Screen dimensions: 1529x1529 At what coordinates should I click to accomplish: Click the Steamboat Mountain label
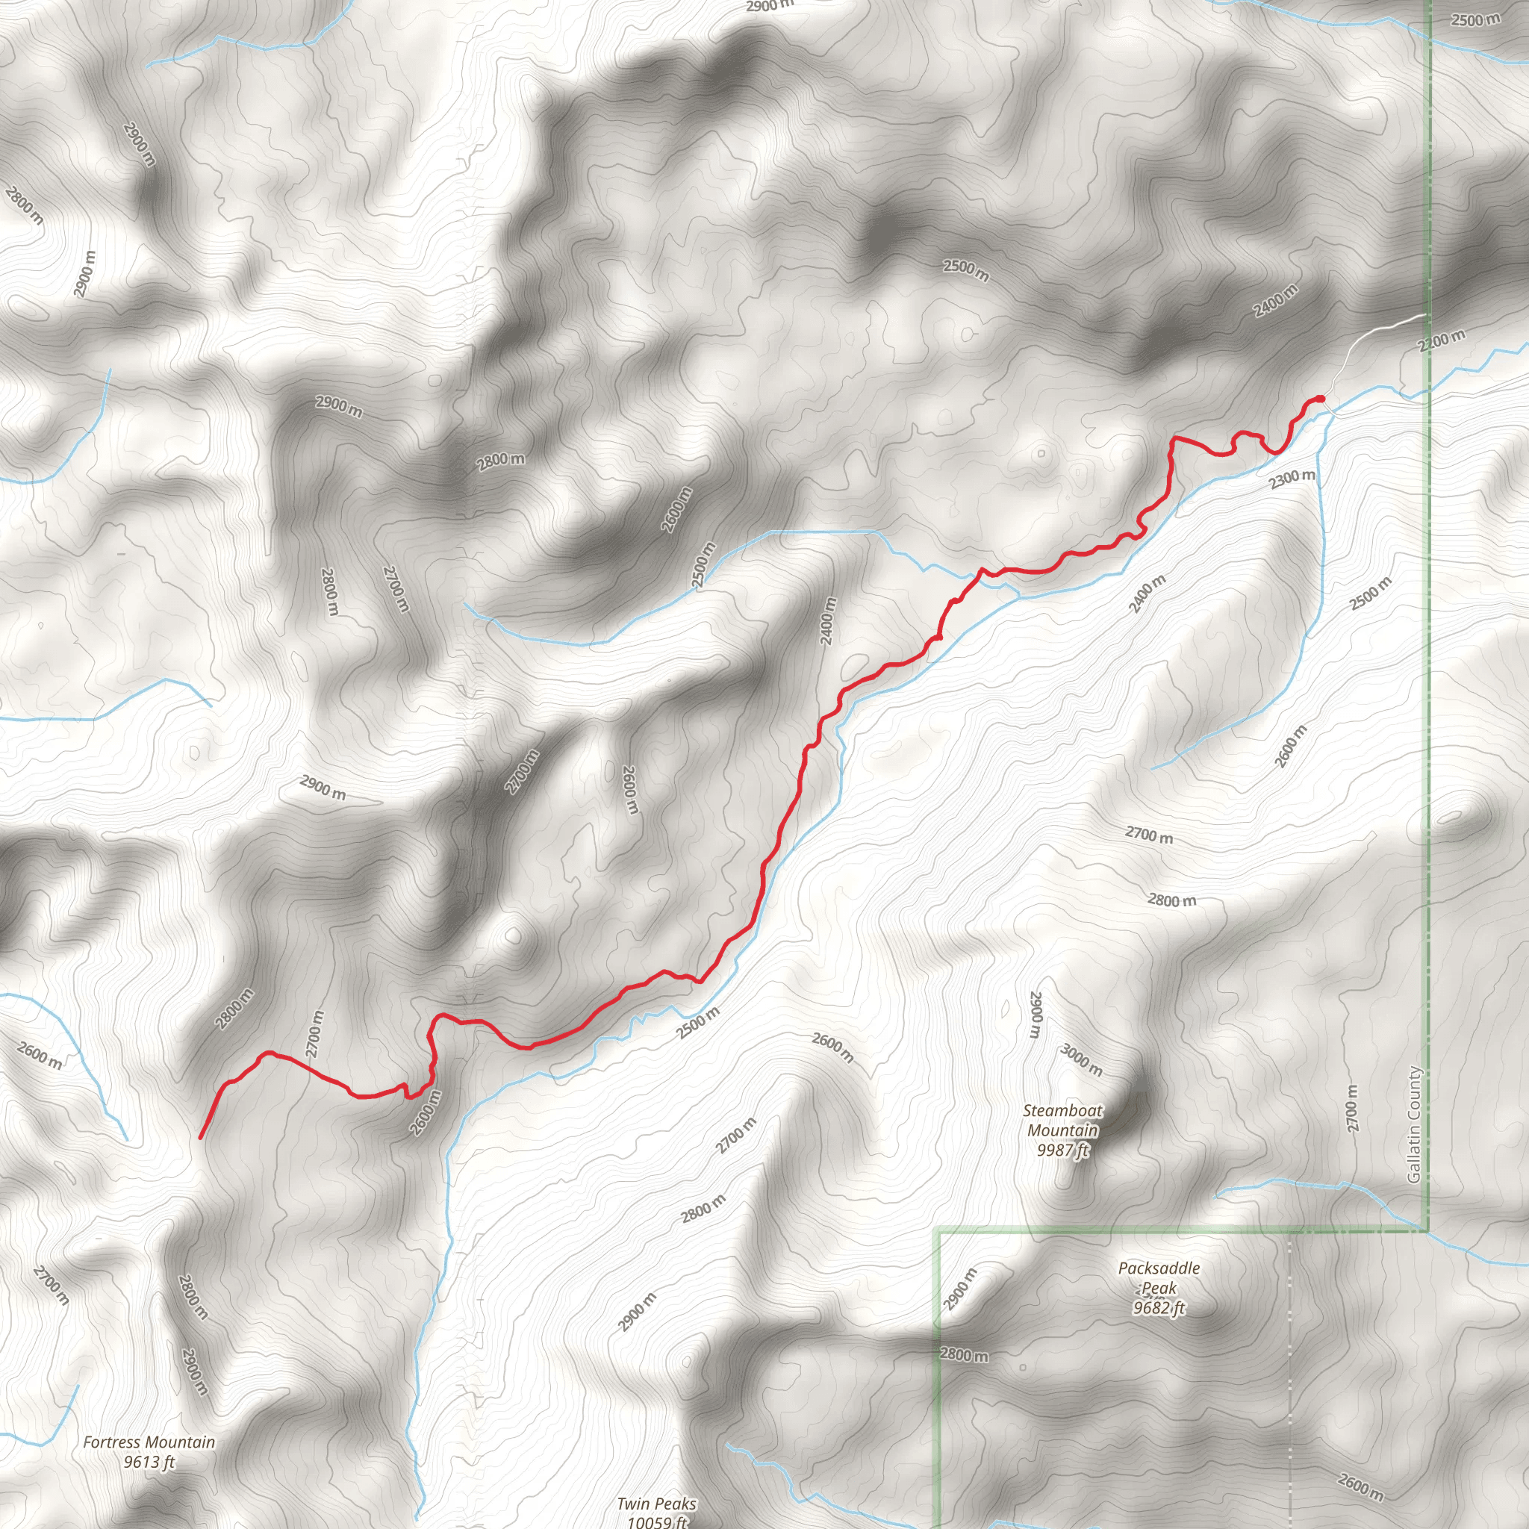click(1062, 1120)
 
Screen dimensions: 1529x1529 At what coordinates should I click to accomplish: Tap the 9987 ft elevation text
click(1063, 1150)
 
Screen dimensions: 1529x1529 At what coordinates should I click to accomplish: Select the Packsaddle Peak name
click(1159, 1277)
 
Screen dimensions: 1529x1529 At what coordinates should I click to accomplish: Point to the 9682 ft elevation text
click(1159, 1307)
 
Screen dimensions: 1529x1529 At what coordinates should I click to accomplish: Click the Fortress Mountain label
click(149, 1442)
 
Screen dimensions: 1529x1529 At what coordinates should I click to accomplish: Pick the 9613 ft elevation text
click(149, 1462)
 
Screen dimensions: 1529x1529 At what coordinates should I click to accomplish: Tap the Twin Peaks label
click(657, 1504)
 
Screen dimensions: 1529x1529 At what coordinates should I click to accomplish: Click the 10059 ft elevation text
click(657, 1521)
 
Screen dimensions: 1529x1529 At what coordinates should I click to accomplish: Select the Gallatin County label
click(1414, 1124)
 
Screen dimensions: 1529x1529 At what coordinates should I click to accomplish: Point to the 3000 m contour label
click(1081, 1059)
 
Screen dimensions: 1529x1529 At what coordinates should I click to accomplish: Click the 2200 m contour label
click(1441, 340)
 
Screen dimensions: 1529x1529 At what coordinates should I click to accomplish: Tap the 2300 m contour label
click(1292, 478)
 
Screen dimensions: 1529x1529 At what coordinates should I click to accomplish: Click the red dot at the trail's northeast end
click(1320, 398)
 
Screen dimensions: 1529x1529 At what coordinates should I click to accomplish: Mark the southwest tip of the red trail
click(200, 1138)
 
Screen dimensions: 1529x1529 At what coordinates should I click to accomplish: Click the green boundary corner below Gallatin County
click(1427, 1230)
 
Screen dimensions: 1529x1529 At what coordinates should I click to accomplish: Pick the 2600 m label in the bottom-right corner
click(1361, 1486)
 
